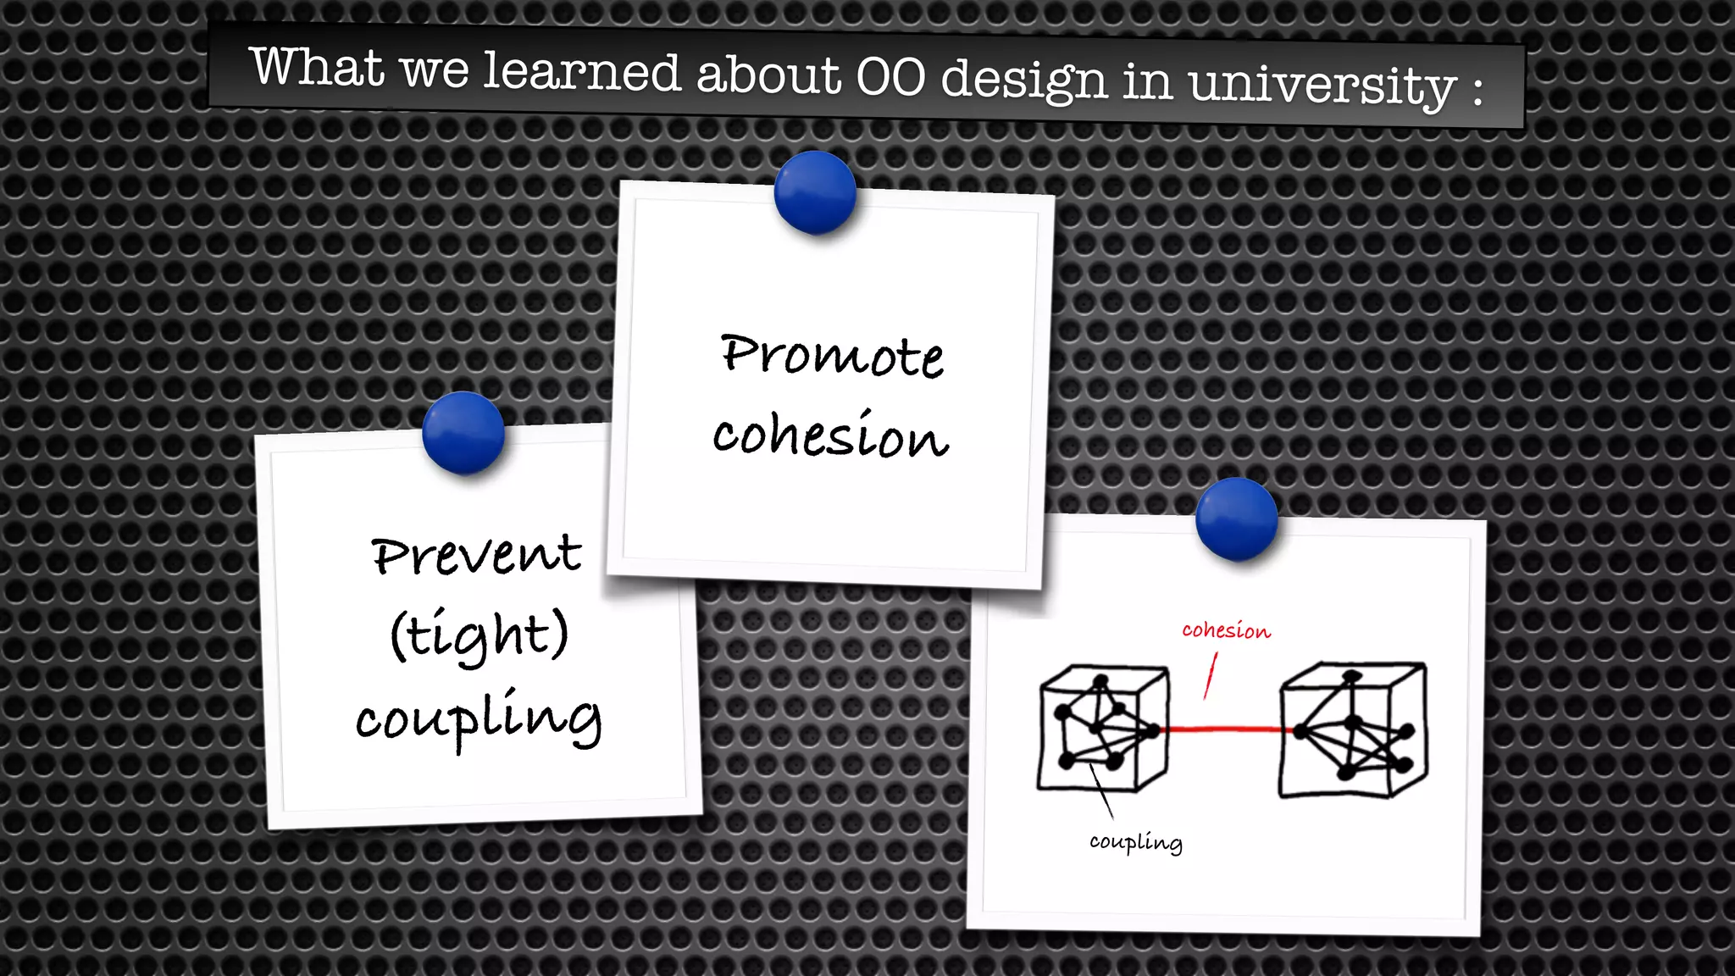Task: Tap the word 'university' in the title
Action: click(1322, 86)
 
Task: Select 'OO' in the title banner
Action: click(890, 77)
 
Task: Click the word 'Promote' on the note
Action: click(832, 355)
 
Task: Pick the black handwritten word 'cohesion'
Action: click(830, 435)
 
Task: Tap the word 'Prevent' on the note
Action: click(476, 555)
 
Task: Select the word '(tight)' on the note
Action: click(479, 634)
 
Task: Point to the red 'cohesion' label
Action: click(1226, 630)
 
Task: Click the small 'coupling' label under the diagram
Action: click(1135, 841)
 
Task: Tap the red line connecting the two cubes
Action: click(1224, 729)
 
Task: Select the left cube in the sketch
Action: click(1102, 729)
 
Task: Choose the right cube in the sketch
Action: click(1352, 730)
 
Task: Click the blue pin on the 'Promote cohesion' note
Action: click(815, 192)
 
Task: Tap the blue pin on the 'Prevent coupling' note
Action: click(463, 432)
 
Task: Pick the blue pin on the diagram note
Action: click(1236, 518)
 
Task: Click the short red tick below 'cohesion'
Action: click(1211, 675)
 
